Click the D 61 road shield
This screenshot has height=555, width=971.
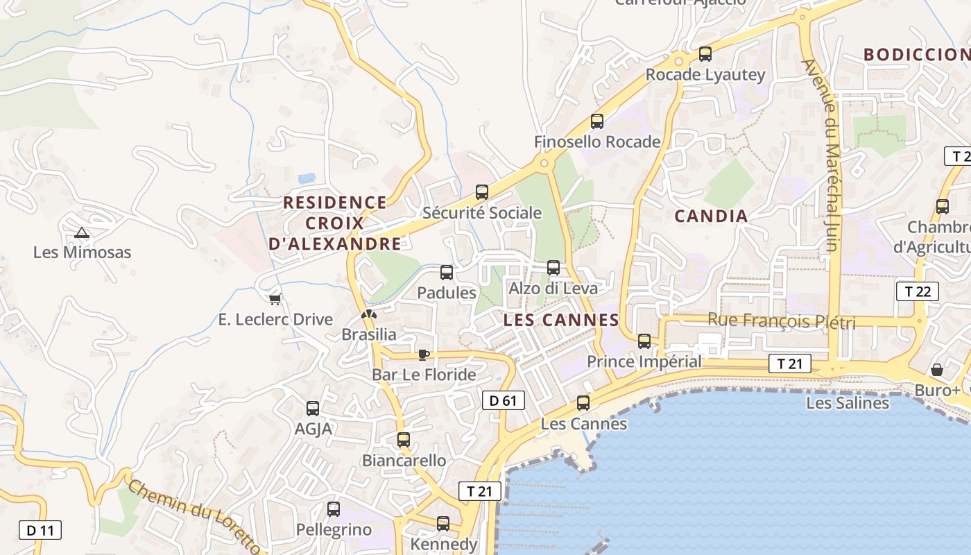tap(503, 400)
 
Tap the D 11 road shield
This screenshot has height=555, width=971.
tap(40, 531)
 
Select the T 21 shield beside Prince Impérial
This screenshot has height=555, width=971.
tap(789, 364)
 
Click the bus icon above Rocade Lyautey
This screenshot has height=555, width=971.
tap(705, 53)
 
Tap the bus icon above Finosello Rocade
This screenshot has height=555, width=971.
tap(597, 121)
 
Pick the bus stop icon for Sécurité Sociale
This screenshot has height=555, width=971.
tap(482, 192)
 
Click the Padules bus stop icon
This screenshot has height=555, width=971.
tap(447, 273)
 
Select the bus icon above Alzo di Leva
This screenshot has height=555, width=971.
tap(553, 268)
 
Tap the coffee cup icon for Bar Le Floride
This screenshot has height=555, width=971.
tap(424, 355)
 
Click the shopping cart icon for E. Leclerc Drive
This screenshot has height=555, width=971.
tap(275, 299)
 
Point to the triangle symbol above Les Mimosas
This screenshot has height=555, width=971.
tap(82, 232)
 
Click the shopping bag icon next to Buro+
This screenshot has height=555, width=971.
tap(937, 370)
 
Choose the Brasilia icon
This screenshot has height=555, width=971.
tap(369, 314)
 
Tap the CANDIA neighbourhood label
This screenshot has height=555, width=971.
tap(711, 216)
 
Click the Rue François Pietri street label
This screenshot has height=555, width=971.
tap(782, 322)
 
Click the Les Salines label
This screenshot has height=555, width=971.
tap(848, 403)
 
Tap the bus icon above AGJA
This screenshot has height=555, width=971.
tap(313, 409)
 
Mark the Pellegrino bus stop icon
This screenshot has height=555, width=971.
tap(334, 509)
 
